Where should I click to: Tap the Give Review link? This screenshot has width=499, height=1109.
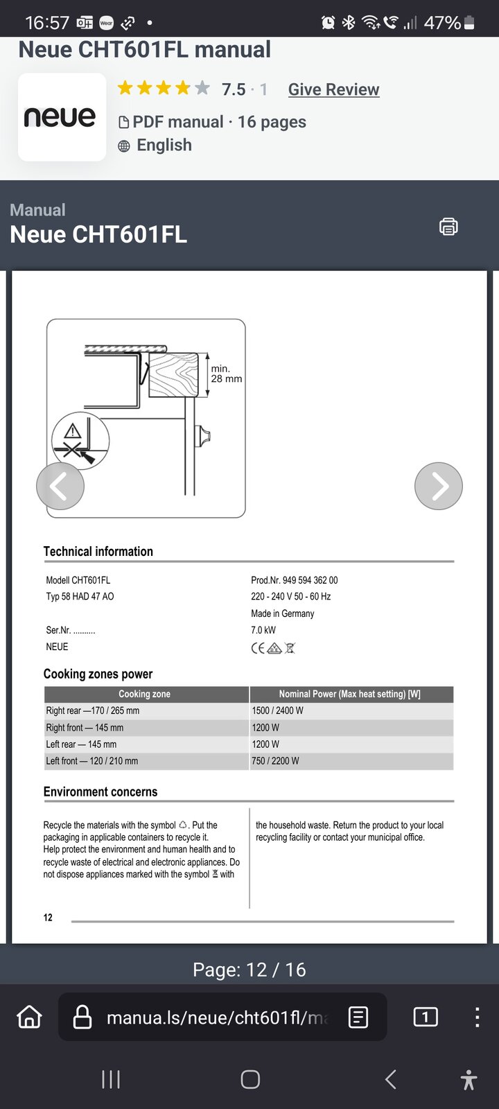point(333,89)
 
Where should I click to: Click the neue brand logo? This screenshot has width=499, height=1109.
point(61,117)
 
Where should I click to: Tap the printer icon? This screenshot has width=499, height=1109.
point(448,227)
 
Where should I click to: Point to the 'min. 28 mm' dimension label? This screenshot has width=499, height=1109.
point(226,374)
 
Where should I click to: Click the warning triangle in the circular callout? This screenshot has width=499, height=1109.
point(72,433)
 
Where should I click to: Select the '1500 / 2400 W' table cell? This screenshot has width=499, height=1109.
point(277,710)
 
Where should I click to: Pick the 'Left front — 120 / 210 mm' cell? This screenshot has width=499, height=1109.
point(92,761)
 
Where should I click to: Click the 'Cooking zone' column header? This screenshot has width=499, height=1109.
point(144,694)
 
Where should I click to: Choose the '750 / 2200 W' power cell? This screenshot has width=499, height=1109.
point(275,761)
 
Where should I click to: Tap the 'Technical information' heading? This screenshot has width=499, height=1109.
point(98,552)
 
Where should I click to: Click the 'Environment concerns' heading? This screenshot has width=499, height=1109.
point(100,792)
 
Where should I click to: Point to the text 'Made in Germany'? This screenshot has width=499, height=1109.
point(283,613)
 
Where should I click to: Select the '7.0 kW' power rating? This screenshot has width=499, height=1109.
point(263,630)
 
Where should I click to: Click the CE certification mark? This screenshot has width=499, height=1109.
point(257,648)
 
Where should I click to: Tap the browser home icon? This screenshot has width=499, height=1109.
point(29,1017)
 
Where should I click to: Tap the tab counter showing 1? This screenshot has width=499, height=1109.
point(425,1017)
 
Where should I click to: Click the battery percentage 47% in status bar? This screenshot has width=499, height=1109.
point(442,23)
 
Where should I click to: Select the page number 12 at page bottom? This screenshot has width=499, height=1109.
point(48,918)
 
